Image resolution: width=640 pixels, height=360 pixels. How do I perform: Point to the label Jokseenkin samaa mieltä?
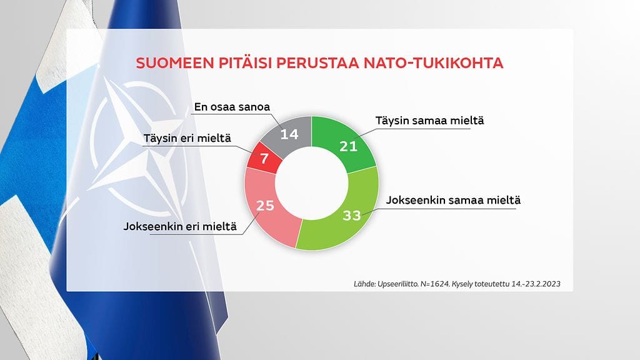(454, 201)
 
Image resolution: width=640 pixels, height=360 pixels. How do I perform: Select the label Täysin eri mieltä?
(187, 137)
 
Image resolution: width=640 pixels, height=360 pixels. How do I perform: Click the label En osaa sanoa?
(232, 107)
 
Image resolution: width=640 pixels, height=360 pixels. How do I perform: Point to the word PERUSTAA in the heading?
(318, 64)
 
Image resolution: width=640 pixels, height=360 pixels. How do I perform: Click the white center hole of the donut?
(311, 183)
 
